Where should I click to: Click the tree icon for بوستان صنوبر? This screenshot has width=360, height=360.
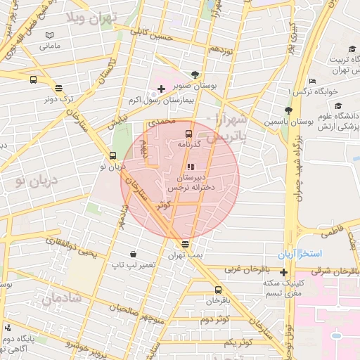point(195,74)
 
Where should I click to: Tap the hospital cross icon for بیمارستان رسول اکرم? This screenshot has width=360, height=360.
point(162,89)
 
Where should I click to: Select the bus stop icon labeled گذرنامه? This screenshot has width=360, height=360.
point(188,133)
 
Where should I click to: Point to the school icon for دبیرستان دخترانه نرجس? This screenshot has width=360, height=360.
point(190,167)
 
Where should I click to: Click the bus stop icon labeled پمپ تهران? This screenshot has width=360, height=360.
point(185,244)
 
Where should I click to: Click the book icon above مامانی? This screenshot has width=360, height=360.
point(49,35)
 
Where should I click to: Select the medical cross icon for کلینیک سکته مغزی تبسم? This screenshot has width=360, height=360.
point(283,272)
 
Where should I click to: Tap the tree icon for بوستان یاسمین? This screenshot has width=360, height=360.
point(288,110)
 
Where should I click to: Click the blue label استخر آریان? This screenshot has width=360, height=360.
point(300,253)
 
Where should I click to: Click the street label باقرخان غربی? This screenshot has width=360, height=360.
point(245,269)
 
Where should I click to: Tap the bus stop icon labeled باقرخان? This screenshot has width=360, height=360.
point(217,289)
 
